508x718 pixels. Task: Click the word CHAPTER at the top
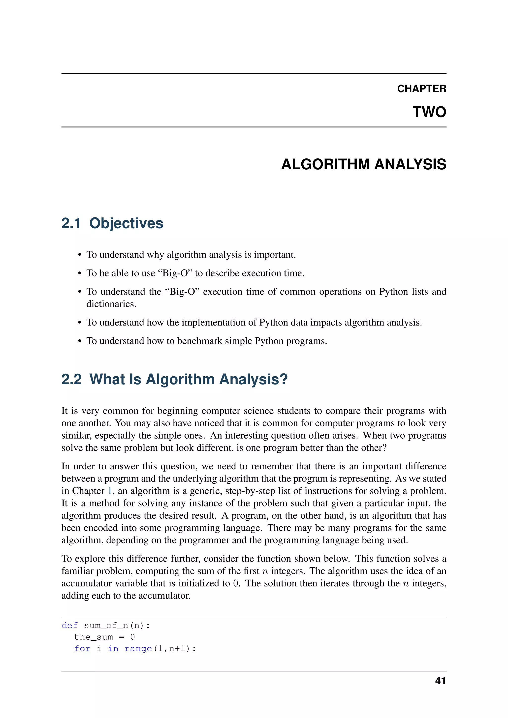pos(421,89)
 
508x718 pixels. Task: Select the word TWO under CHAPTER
pos(429,112)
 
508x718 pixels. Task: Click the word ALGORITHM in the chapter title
pos(325,164)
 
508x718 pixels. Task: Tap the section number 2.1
pos(71,223)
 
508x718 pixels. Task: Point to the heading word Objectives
pos(126,223)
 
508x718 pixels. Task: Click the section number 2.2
pos(71,379)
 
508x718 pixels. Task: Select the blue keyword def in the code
pos(69,626)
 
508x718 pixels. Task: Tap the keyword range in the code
pos(138,649)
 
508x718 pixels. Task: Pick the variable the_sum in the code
pos(93,637)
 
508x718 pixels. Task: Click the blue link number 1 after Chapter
pos(109,491)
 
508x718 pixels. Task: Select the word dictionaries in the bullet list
pos(111,304)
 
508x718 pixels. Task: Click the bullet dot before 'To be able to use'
pos(80,274)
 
